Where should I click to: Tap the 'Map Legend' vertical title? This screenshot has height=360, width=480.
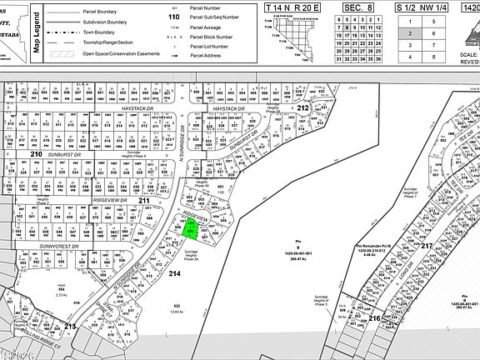pos(37,32)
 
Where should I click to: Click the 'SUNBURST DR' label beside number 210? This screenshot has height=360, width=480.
pos(62,154)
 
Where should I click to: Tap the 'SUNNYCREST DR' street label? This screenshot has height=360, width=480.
pos(51,247)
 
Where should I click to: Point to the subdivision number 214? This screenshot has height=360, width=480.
pos(173,272)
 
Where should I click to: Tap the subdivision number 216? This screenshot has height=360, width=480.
pos(374,318)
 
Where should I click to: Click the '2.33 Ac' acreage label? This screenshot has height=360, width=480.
pos(61,295)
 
